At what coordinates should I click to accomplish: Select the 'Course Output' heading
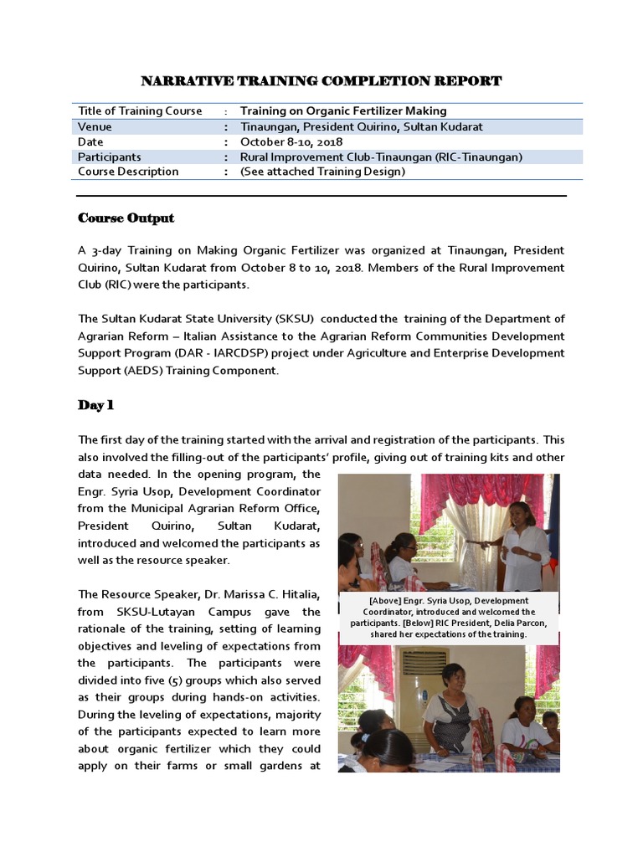click(126, 218)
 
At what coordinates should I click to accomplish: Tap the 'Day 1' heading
click(95, 406)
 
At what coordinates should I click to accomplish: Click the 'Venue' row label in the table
click(95, 127)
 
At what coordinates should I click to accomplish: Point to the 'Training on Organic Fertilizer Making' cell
click(343, 111)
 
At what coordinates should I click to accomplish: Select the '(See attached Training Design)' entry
click(322, 172)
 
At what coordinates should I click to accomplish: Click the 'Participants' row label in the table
click(110, 157)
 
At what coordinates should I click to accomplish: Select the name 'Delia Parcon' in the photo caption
click(518, 623)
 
